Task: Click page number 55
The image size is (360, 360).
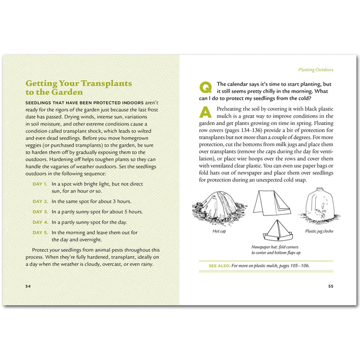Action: (x=331, y=286)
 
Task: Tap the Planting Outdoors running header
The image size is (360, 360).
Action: (x=316, y=69)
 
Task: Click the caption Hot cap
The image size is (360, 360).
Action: (x=220, y=231)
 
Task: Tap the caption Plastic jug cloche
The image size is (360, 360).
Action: (x=319, y=231)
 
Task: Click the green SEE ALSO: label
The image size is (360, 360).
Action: (x=219, y=266)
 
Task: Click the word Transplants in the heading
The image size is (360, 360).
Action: (x=107, y=83)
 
